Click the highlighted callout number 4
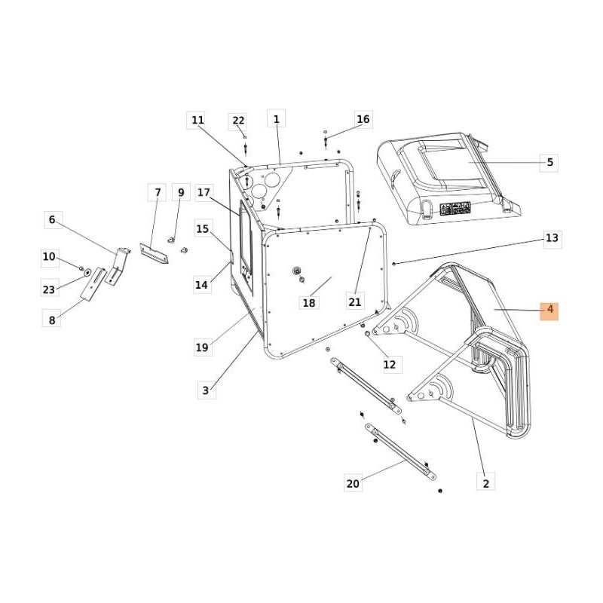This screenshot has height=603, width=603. (x=549, y=310)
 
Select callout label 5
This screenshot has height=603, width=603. (x=549, y=162)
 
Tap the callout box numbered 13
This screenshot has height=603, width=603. (x=552, y=238)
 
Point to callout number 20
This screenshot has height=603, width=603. (x=353, y=483)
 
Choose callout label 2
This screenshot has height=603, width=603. (x=486, y=483)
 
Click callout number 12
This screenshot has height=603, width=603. (x=389, y=365)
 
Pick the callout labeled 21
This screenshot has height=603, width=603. (x=355, y=302)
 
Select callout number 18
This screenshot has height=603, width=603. (x=308, y=303)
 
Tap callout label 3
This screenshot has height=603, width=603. (x=205, y=390)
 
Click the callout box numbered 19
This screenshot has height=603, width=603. (x=201, y=347)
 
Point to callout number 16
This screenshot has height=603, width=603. (x=363, y=119)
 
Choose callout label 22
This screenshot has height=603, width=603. (x=238, y=121)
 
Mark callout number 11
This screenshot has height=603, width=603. (x=197, y=119)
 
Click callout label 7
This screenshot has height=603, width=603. (x=158, y=193)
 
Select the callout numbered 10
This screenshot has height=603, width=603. (x=49, y=257)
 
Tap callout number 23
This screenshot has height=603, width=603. (x=49, y=289)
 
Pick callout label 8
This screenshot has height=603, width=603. (x=52, y=320)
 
